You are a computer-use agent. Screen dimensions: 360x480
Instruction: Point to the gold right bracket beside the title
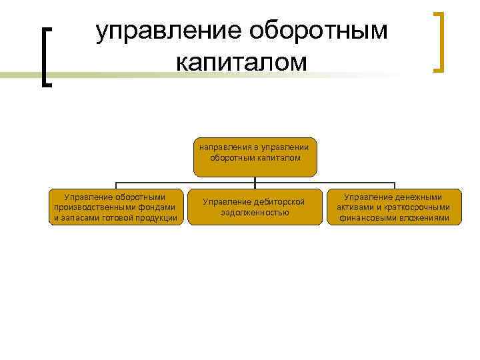439,41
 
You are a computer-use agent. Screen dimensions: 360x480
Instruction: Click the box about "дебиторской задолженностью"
255,207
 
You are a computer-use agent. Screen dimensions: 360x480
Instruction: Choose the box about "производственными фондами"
115,207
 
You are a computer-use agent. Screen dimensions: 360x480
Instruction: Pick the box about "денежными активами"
393,207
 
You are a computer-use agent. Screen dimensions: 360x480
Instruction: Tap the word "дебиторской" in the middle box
281,201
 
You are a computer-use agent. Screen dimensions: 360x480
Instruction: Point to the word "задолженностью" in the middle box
255,213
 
